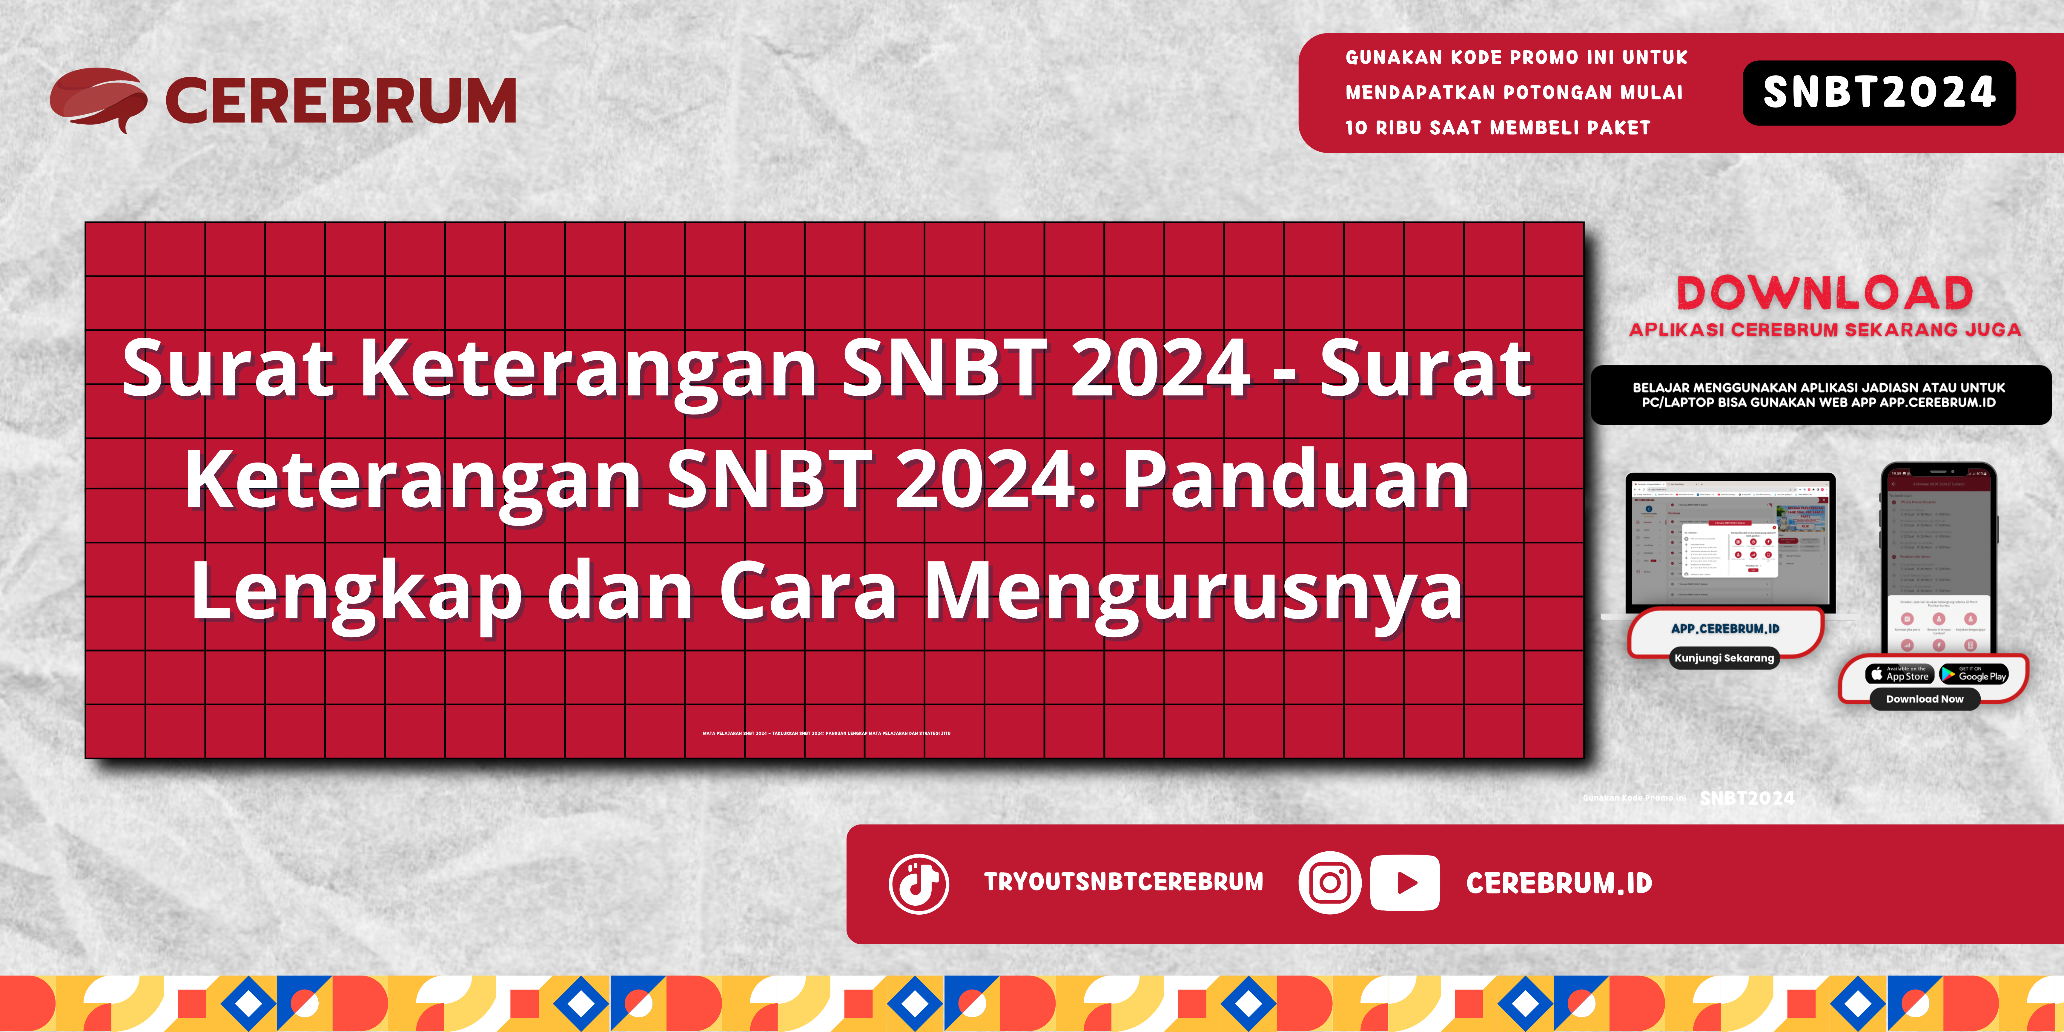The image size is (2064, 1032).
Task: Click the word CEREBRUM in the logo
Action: (340, 101)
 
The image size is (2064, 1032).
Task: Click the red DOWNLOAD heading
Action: (1825, 293)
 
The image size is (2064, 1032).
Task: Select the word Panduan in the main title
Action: (1296, 479)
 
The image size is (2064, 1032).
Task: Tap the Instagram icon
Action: (1329, 883)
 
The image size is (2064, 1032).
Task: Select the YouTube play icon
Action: (1405, 883)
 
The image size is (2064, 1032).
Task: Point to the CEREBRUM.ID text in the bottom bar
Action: (1558, 883)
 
